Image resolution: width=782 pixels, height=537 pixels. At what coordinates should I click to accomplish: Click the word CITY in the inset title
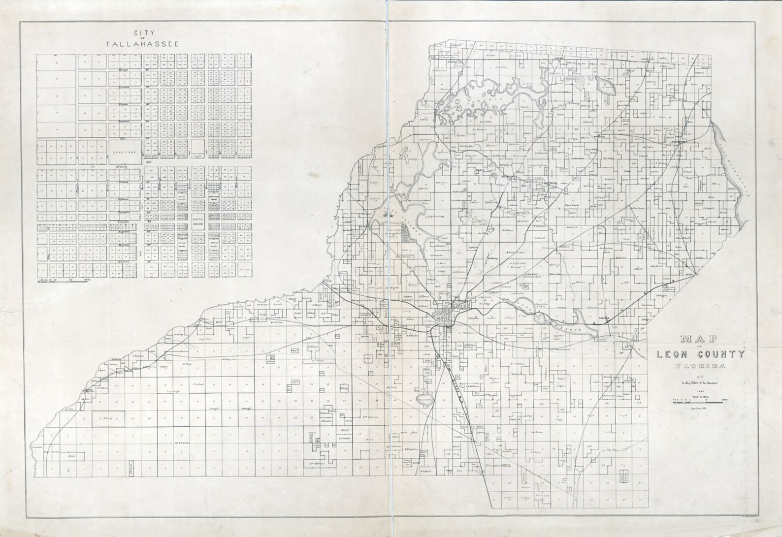(146, 33)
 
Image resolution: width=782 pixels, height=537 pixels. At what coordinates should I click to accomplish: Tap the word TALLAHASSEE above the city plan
(142, 44)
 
